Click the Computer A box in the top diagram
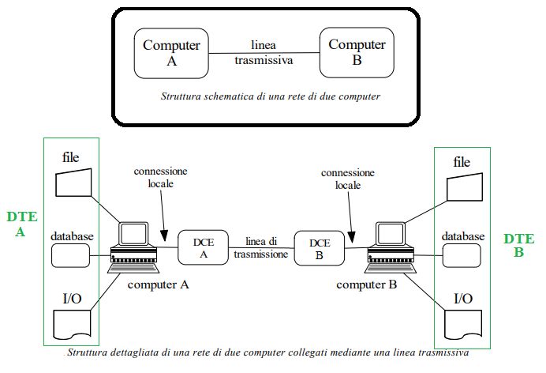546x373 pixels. point(172,52)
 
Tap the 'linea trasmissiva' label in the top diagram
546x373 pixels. point(263,51)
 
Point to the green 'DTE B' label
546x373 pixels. point(518,244)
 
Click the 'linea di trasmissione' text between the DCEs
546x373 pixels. point(262,248)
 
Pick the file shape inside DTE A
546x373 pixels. point(75,183)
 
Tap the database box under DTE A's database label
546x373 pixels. point(72,254)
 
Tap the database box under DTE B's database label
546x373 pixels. point(462,254)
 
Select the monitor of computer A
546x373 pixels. point(135,234)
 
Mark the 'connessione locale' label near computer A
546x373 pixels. point(154,177)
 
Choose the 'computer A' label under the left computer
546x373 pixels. point(157,284)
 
